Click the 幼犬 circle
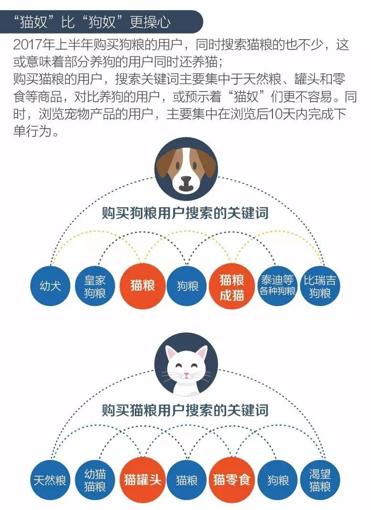pyautogui.click(x=50, y=286)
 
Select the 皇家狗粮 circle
pyautogui.click(x=95, y=286)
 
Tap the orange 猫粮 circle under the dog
pyautogui.click(x=142, y=286)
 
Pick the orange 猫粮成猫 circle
pyautogui.click(x=232, y=286)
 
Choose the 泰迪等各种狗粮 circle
pyautogui.click(x=277, y=286)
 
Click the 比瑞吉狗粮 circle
pyautogui.click(x=320, y=286)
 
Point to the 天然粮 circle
pyautogui.click(x=50, y=480)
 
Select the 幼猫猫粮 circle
pyautogui.click(x=95, y=480)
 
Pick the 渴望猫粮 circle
pyautogui.click(x=320, y=480)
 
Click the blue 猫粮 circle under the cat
pyautogui.click(x=187, y=480)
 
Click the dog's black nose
pyautogui.click(x=186, y=180)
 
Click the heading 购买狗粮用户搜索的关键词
pyautogui.click(x=185, y=214)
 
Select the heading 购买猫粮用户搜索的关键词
pyautogui.click(x=185, y=410)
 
